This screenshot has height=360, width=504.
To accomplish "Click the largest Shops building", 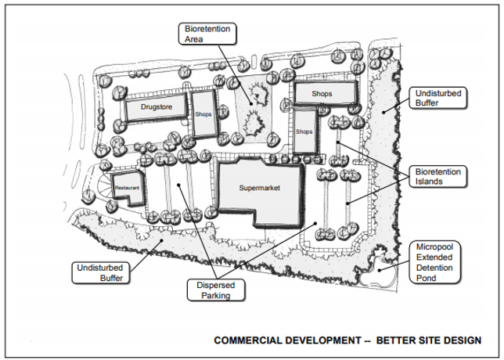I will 322,93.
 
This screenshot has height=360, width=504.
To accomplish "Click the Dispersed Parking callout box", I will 215,290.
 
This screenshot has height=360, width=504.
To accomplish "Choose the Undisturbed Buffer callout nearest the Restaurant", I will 99,272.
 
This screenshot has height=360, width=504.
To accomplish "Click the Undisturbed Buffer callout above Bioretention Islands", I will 437,98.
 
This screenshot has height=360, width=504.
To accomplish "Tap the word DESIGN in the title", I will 460,340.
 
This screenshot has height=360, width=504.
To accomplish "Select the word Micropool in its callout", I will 437,247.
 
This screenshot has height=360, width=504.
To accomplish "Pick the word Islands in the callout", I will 430,182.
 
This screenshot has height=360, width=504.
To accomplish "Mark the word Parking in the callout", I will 215,295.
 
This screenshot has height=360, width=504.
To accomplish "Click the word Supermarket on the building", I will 258,188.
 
